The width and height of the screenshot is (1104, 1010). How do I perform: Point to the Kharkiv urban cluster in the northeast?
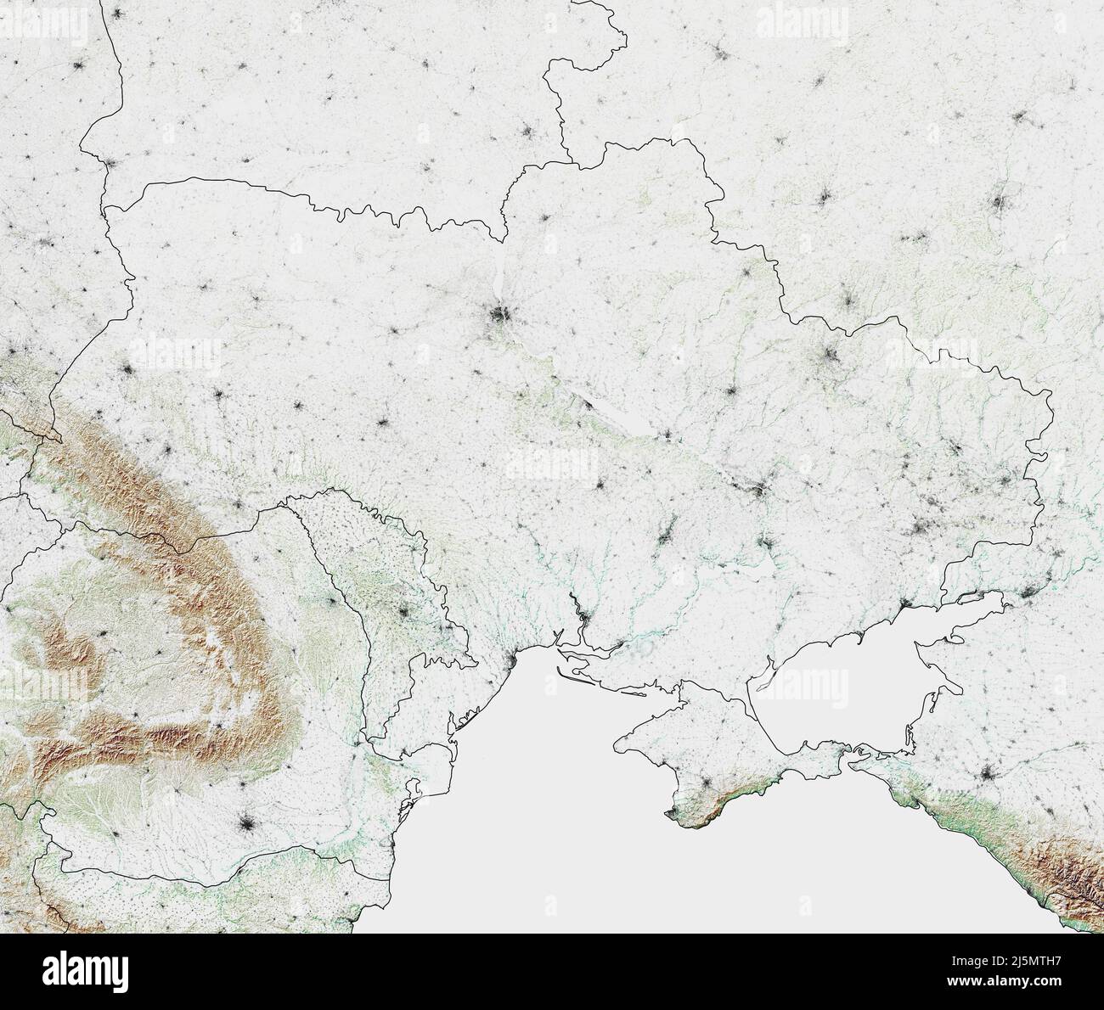(x=828, y=357)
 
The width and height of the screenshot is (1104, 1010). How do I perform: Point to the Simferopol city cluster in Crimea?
(x=704, y=782)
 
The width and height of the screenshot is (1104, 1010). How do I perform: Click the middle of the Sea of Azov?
(x=841, y=679)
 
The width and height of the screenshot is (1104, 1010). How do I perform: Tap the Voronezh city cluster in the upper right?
(x=1000, y=204)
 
